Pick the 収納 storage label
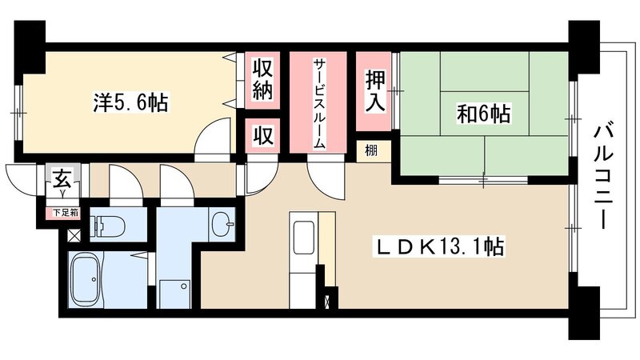tap(264, 78)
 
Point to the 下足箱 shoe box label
tap(66, 213)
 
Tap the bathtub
tap(94, 280)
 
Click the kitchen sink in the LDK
tap(304, 238)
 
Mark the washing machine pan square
tap(174, 292)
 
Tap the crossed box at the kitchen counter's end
tap(333, 302)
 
